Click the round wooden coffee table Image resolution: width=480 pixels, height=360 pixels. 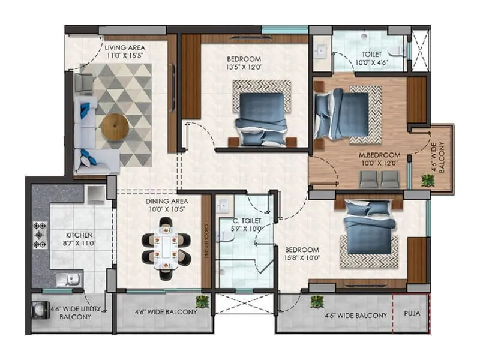coord(115,127)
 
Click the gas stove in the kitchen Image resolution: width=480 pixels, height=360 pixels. coord(40,235)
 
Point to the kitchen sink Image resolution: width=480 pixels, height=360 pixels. coord(70,279)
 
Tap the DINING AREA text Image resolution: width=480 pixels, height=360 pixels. coord(167,201)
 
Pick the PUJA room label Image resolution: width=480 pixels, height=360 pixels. coord(412,313)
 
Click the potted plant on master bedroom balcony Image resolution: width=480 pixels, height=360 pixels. coord(428,180)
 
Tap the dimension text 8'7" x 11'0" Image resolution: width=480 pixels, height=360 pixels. coord(80,244)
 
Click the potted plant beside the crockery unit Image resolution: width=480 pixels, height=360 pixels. coord(202,301)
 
